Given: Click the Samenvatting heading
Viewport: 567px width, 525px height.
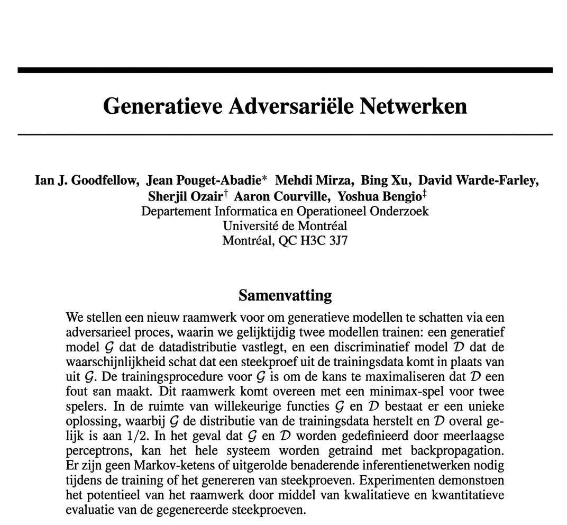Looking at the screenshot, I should pyautogui.click(x=285, y=295).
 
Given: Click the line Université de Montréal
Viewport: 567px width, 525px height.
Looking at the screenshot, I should pyautogui.click(x=285, y=226).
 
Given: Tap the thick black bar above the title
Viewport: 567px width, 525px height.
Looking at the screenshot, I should pyautogui.click(x=285, y=70).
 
